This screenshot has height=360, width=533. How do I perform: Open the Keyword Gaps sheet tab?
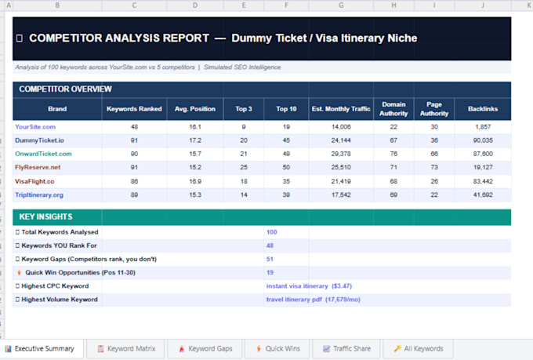tap(206, 349)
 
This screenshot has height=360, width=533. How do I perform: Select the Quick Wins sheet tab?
tap(278, 349)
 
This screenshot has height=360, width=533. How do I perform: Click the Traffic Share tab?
tap(346, 349)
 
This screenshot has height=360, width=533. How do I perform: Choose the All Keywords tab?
tap(419, 349)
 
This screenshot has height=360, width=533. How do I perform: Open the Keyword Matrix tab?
tap(126, 349)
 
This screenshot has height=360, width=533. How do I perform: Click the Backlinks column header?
tap(483, 109)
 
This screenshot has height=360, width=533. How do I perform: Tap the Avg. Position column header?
tap(195, 109)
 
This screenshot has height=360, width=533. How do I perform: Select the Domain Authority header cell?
tap(393, 109)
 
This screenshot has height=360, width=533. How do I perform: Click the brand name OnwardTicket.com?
tap(44, 154)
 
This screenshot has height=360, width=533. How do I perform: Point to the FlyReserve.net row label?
tap(38, 167)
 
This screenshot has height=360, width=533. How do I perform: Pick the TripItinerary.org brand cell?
tap(39, 195)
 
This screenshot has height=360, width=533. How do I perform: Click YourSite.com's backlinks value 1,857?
tap(483, 127)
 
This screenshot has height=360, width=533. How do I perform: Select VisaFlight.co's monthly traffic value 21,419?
tap(341, 181)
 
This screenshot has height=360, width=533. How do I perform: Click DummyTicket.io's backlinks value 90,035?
tap(483, 140)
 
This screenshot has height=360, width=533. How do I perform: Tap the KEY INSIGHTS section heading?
tap(46, 216)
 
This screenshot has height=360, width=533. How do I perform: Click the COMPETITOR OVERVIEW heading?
tap(65, 89)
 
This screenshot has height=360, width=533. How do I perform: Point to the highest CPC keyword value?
tap(309, 286)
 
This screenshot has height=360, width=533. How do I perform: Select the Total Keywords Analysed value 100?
tap(272, 232)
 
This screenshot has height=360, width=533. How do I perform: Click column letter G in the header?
tap(341, 5)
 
